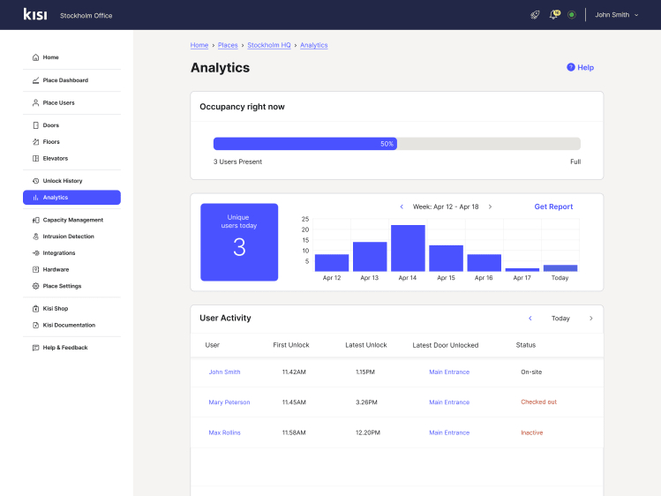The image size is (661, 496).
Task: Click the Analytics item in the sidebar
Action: point(71,198)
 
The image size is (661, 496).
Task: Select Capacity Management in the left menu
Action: point(72,220)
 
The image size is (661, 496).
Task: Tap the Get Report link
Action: point(553,207)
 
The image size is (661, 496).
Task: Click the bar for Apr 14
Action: point(408,248)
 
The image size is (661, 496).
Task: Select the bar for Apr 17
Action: point(522,269)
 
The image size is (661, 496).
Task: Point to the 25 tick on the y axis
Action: point(305,219)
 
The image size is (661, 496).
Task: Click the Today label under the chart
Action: point(560,278)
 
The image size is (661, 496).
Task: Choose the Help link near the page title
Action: point(581,67)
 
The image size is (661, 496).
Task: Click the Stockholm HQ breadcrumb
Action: point(269,45)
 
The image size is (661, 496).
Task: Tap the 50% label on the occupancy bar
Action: point(387,144)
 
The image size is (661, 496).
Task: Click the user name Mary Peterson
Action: point(229,402)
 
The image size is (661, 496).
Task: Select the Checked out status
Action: point(538,402)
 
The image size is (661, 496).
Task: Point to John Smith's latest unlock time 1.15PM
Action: point(365,372)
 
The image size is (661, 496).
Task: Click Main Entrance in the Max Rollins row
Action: point(449,432)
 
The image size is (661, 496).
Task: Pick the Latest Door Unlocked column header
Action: point(446,345)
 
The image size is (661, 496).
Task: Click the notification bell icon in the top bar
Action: point(553,15)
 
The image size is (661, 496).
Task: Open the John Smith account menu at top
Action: point(616,15)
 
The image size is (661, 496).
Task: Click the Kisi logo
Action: point(35,14)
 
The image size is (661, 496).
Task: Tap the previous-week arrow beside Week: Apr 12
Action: point(402,207)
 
